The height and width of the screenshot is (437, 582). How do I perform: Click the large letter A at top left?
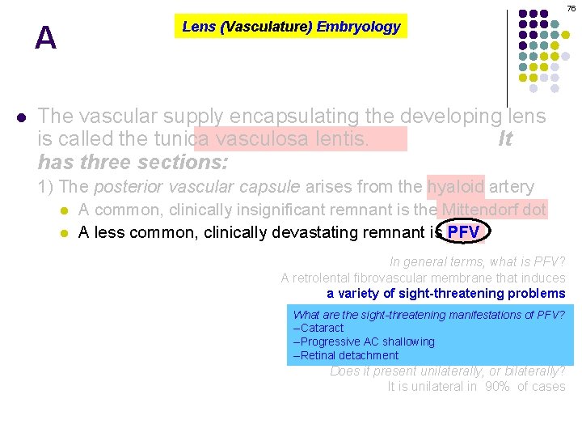[46, 38]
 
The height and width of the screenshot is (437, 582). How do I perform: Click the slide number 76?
[571, 8]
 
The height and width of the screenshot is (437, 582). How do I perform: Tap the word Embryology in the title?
[358, 27]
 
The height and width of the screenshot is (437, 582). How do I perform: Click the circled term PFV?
[464, 233]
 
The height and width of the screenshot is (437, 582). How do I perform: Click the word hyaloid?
[456, 187]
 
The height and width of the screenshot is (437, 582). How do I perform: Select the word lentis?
[338, 139]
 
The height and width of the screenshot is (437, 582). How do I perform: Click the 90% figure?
[497, 387]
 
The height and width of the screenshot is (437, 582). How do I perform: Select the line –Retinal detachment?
[346, 355]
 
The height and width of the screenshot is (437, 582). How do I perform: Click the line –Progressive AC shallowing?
[364, 342]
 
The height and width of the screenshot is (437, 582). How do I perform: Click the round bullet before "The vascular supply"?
[21, 117]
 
